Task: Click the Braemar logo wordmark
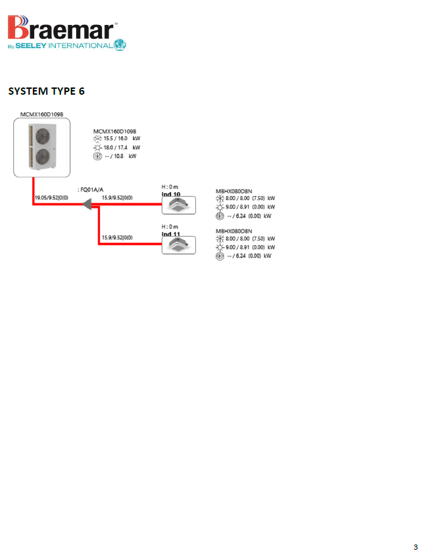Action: tap(62, 29)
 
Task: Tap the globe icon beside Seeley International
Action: tap(120, 45)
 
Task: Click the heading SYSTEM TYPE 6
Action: tap(46, 91)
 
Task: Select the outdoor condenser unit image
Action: tap(42, 148)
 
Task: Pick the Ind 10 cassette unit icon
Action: tap(179, 206)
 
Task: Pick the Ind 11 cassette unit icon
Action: tap(179, 245)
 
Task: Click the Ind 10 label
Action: tap(171, 194)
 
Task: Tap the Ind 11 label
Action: tap(171, 233)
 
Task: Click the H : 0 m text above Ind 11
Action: tap(170, 227)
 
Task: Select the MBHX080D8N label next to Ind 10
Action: tap(234, 191)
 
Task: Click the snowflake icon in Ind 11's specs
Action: tap(220, 239)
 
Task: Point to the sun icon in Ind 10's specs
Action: tap(220, 206)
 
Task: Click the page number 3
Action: tap(415, 547)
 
